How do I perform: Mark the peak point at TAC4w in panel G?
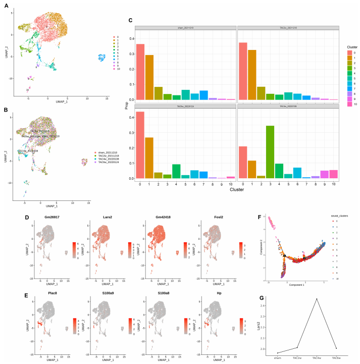(x=317, y=299)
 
